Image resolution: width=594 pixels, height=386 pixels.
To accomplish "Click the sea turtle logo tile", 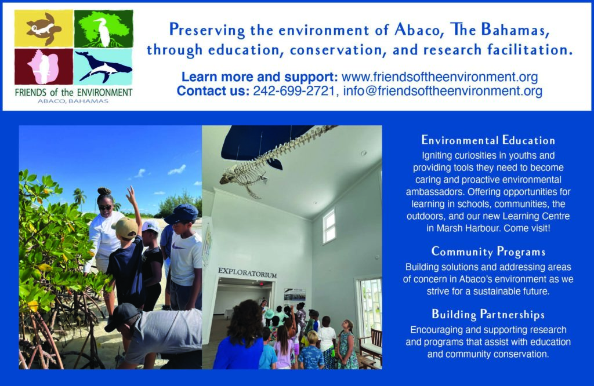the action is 44,29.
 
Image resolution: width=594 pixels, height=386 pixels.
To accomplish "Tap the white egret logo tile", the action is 103,29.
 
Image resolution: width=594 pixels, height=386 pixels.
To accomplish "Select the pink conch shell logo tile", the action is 44,67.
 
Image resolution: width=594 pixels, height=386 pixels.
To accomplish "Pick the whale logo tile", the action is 103,67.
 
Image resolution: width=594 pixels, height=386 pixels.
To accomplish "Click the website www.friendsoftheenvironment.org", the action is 440,77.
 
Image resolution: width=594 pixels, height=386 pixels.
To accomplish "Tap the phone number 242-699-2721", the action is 294,91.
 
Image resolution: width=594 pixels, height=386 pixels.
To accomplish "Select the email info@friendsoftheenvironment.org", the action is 443,91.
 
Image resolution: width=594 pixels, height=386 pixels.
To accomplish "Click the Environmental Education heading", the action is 488,140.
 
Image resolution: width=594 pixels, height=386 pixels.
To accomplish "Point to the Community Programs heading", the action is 488,252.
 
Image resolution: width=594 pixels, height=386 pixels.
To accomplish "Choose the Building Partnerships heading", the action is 488,315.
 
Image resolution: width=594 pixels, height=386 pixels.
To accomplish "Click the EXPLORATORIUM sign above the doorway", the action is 247,272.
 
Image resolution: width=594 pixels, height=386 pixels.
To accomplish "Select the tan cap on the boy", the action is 125,227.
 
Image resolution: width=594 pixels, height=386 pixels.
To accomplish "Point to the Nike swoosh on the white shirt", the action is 179,247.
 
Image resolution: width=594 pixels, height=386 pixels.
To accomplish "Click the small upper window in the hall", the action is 329,226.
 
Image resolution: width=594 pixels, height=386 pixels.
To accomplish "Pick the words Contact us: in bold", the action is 213,91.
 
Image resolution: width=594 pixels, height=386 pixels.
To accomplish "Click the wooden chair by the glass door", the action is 370,346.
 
